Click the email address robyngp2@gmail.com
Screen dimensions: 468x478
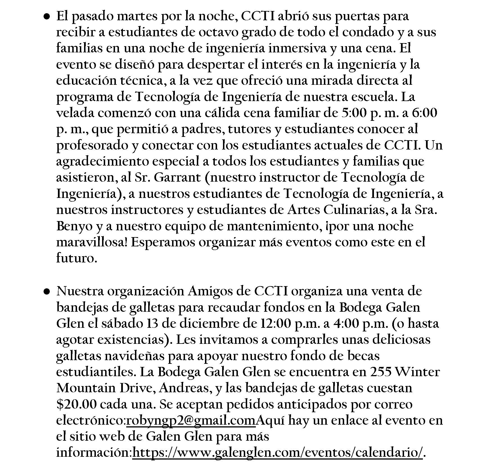191,421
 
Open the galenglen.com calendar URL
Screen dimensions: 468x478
278,453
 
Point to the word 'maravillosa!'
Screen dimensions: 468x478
92,243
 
